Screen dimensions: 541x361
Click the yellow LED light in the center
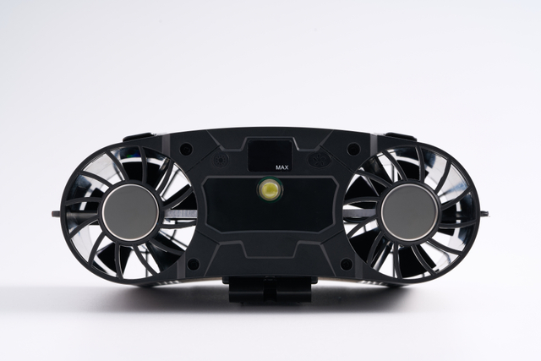pos(270,190)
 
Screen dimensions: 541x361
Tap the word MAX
pos(281,167)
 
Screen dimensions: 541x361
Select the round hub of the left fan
pos(130,212)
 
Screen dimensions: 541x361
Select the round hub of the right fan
pos(410,212)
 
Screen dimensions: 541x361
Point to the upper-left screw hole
pos(186,149)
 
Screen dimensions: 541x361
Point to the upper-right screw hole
pos(353,149)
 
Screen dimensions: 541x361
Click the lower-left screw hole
pos(193,265)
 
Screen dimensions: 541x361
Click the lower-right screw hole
pos(347,265)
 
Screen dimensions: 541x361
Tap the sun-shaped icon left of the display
pos(220,161)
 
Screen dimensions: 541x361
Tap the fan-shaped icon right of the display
pos(320,160)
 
